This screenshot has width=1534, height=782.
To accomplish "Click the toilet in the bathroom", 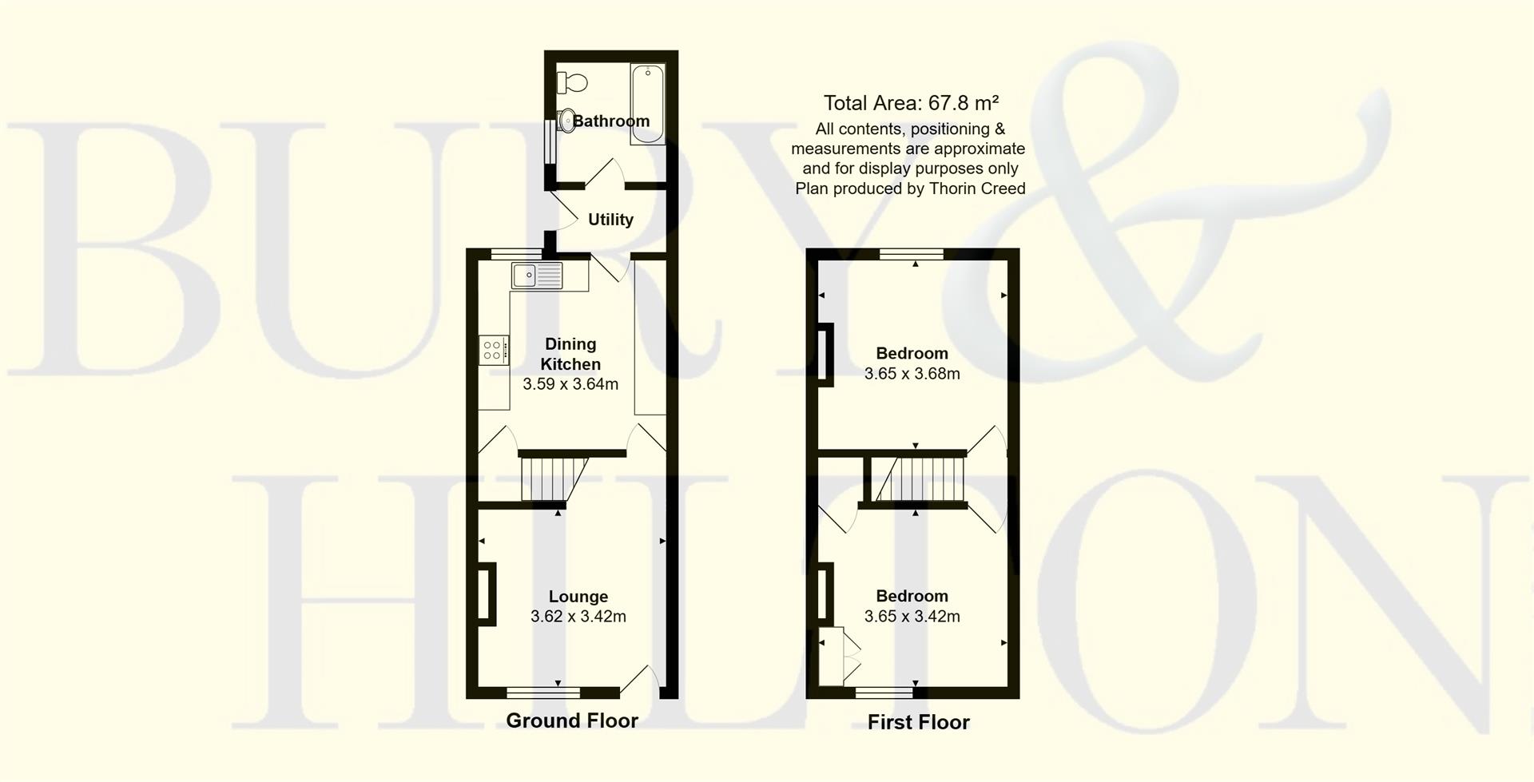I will click(x=573, y=81).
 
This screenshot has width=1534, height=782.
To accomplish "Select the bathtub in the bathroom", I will click(x=647, y=105).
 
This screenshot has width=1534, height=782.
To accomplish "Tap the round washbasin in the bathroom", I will click(x=566, y=120).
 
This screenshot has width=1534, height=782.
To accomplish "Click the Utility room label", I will click(x=610, y=220).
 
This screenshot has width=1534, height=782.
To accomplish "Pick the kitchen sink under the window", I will click(x=536, y=276).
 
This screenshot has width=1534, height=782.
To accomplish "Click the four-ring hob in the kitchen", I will click(x=493, y=350).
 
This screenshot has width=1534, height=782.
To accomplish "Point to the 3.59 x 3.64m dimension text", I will click(x=570, y=384).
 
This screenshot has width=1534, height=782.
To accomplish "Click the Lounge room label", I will click(x=578, y=597).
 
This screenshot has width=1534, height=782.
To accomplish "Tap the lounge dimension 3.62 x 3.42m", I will click(x=578, y=617).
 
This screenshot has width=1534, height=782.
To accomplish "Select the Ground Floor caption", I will click(x=572, y=720).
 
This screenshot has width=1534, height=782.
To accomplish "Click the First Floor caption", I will click(x=918, y=722).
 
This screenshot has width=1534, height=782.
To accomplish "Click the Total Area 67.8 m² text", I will click(x=911, y=103).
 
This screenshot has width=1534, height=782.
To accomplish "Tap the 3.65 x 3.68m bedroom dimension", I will click(x=912, y=374).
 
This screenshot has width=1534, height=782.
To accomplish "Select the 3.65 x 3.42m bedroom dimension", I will click(x=912, y=617).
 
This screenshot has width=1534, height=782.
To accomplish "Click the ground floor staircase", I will click(x=551, y=478).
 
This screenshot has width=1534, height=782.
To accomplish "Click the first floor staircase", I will click(x=919, y=478).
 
